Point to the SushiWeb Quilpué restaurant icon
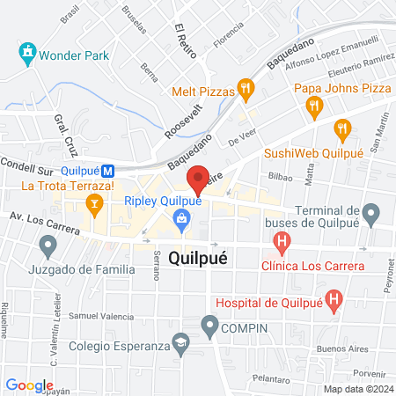click(342, 131)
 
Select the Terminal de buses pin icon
click(371, 212)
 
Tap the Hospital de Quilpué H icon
click(334, 300)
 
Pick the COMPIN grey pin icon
click(209, 327)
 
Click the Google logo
click(29, 385)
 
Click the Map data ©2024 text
click(356, 388)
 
